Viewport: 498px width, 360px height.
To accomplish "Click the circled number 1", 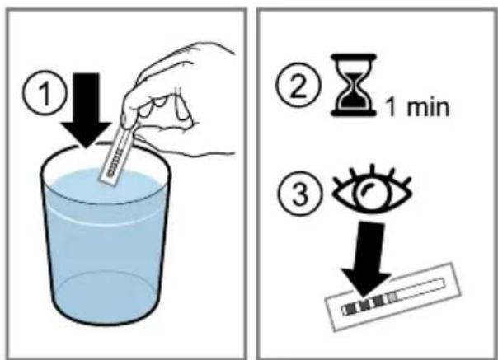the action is pos(45,93).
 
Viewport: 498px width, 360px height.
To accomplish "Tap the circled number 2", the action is pos(298,85).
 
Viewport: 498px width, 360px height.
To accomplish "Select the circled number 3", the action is pos(300,194).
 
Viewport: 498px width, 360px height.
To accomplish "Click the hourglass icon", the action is pos(354,85).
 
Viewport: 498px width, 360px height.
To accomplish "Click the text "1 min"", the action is pos(418,107).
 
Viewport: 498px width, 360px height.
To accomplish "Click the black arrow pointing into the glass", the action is pos(86,110).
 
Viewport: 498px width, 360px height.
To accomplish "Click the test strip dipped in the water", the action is pos(116,156).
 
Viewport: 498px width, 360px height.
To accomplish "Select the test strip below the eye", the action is pos(393,297).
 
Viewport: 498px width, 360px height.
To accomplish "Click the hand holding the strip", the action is pos(178,105).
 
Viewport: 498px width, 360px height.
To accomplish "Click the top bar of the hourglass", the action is pos(354,57).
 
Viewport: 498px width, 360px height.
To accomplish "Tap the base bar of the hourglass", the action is pos(354,112).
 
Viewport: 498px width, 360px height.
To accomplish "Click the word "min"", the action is pos(428,107).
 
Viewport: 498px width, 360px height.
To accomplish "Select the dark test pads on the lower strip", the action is pos(369,302).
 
